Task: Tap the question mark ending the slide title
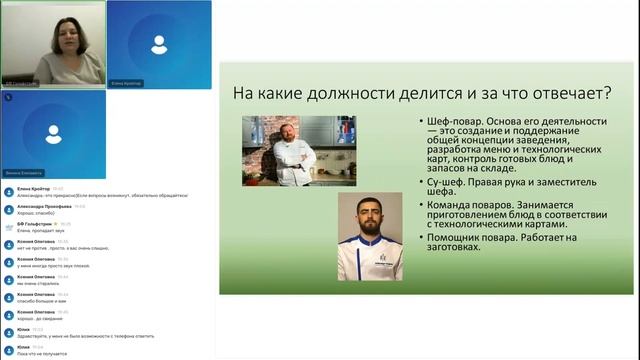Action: pos(609,93)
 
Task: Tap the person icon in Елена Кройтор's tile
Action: pos(158,44)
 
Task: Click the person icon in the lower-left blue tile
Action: pos(53,133)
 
